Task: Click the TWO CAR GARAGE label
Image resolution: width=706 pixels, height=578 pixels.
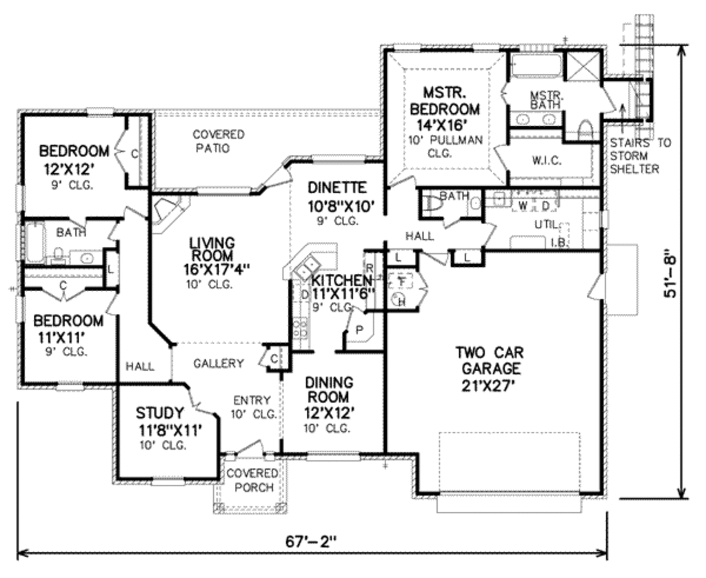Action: (487, 369)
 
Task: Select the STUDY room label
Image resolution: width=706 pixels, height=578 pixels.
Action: (160, 413)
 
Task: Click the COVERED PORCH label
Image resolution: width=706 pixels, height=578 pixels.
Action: (252, 480)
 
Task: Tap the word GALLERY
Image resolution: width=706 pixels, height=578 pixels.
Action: (218, 363)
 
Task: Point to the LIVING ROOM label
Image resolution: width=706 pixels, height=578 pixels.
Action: (212, 251)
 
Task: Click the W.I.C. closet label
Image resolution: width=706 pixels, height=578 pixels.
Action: (547, 161)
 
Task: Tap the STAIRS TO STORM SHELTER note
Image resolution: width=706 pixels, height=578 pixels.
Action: (641, 156)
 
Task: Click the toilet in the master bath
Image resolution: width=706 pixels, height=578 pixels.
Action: (584, 130)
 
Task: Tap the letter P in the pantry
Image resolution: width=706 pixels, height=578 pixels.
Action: (359, 330)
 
